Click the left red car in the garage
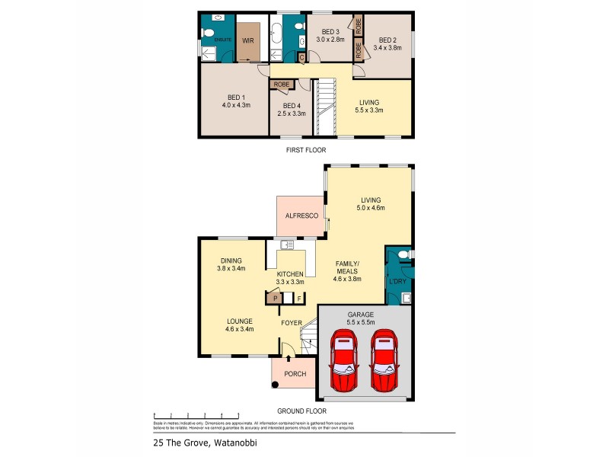344,360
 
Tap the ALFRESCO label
301,216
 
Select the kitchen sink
287,244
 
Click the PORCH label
294,374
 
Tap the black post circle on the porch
276,384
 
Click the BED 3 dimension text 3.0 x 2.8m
329,39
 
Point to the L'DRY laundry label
397,283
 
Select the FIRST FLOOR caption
305,150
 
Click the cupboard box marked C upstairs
301,57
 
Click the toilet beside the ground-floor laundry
403,254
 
